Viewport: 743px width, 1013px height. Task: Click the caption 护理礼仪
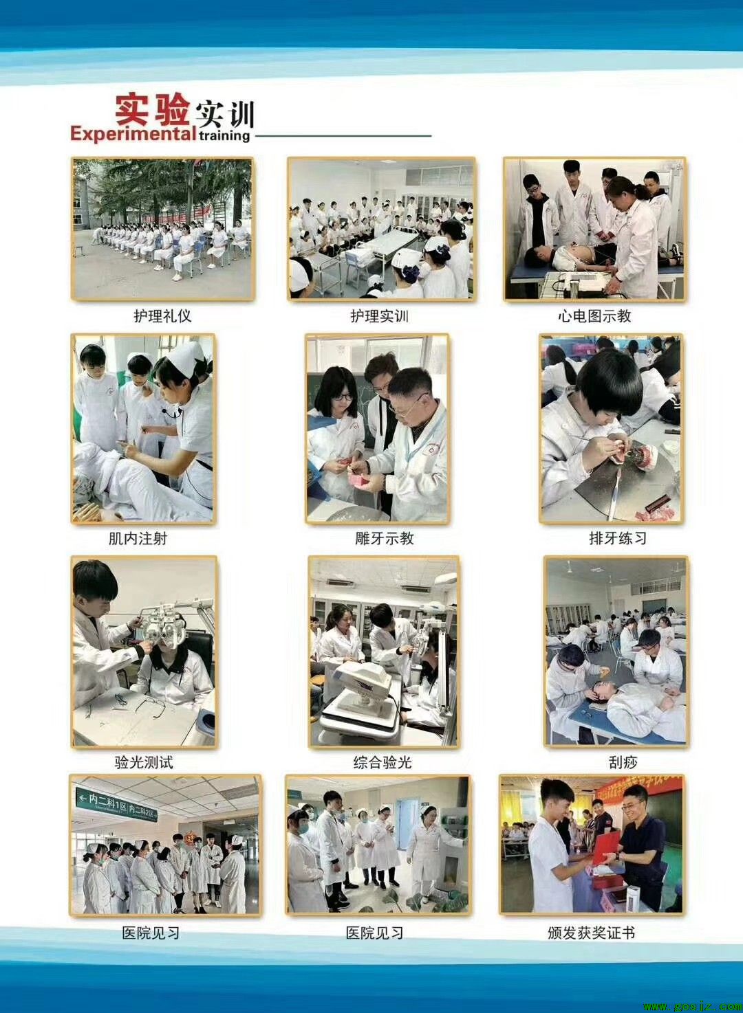(x=162, y=315)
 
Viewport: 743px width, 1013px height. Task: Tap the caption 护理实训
(x=380, y=315)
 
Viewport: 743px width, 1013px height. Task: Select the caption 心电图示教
(x=594, y=315)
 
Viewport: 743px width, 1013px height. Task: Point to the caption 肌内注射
(x=138, y=538)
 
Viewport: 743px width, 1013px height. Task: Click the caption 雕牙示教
(x=385, y=538)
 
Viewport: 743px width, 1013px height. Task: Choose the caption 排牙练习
(x=618, y=538)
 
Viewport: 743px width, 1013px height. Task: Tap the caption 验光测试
(x=144, y=763)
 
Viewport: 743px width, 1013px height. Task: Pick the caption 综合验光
(x=383, y=763)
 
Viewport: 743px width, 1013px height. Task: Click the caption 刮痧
(x=623, y=763)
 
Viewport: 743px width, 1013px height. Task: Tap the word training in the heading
(x=224, y=135)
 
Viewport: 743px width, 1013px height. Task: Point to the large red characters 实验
(x=152, y=109)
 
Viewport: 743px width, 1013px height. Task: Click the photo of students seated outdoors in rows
(x=162, y=228)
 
